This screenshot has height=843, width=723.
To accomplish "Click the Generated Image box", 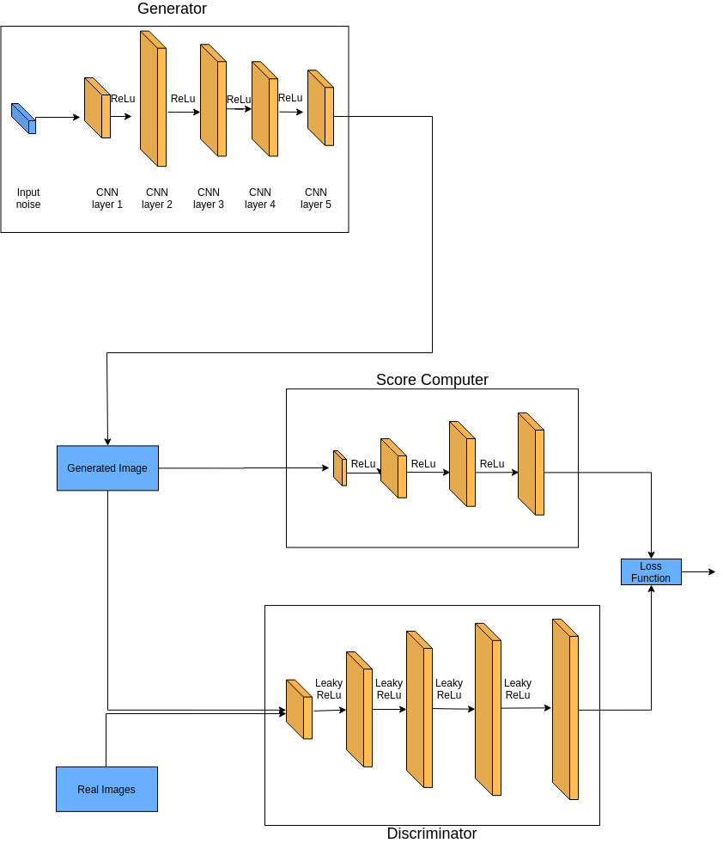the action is coord(107,467).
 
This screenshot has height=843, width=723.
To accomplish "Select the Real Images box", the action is coord(106,789).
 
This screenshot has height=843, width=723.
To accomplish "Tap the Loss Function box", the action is coord(651,571).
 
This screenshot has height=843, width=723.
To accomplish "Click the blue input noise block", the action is coord(24,119).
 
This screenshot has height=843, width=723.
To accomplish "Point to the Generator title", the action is coord(172,9).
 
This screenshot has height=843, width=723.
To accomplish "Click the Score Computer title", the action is coord(432,380).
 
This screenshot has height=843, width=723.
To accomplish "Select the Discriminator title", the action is coord(432,834).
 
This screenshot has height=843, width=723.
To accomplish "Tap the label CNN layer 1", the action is coord(106,199).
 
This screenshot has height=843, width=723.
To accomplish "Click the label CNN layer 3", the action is coord(209,199).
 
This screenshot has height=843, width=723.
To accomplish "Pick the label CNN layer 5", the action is coord(316,199).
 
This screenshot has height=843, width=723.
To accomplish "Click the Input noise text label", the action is coord(28,199).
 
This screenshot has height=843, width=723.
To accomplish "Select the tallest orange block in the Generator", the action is coord(153,98).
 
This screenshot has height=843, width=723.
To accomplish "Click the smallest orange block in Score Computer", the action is coord(340,468).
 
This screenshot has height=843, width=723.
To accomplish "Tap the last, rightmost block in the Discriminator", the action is coord(565,709).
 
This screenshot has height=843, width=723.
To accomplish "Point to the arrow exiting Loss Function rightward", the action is coord(698,571).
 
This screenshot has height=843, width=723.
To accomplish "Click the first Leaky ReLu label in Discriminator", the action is coord(329,688).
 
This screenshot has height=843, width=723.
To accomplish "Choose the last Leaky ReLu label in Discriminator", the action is coord(518,688).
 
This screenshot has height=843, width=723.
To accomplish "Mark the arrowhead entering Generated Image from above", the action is coord(107,442).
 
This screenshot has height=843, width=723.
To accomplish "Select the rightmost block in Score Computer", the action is coord(531,464).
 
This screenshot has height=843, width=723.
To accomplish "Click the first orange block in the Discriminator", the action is coord(299,709).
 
